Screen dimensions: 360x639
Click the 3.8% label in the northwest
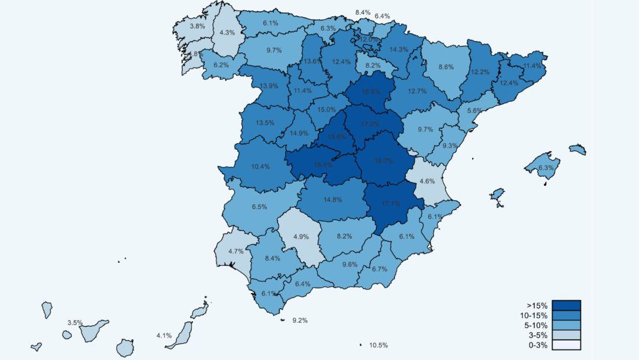[x=197, y=26]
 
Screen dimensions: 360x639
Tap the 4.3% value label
[x=227, y=33]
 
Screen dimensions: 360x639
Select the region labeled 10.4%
[x=260, y=167]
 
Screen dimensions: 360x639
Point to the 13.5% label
[x=265, y=123]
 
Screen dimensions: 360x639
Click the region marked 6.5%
[x=259, y=207]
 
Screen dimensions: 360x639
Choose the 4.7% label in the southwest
[x=237, y=251]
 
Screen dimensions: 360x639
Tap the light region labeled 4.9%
[x=301, y=237]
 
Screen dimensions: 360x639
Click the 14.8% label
[x=333, y=200]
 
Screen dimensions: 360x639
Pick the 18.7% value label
[x=383, y=160]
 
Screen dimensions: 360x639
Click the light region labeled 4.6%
[x=427, y=181]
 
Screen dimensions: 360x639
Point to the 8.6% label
[x=446, y=67]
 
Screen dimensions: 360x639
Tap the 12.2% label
[x=480, y=72]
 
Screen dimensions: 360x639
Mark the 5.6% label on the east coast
[x=474, y=111]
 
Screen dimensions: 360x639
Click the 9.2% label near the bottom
[x=300, y=320]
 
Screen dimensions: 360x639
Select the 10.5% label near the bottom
[x=378, y=345]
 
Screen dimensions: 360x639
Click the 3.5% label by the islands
[x=75, y=323]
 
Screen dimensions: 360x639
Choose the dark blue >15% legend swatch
[x=566, y=306]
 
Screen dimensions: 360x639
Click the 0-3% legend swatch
[x=566, y=345]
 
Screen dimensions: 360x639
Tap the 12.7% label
[x=417, y=91]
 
